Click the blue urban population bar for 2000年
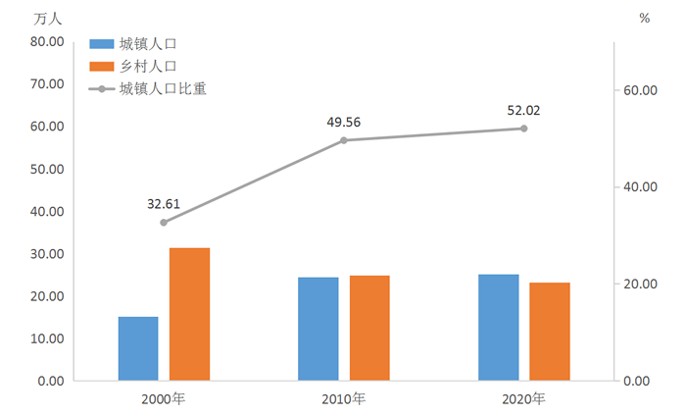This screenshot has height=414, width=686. click(138, 348)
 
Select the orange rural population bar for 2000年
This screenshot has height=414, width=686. click(189, 314)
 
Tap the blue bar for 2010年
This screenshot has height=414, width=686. click(318, 329)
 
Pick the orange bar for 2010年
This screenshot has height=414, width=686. click(369, 328)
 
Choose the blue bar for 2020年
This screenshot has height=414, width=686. click(498, 327)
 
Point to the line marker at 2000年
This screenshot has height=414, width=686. click(164, 223)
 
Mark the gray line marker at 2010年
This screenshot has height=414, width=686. click(344, 140)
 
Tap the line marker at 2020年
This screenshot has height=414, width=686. click(523, 129)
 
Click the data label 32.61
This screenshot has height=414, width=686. click(164, 204)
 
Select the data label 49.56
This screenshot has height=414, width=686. click(344, 122)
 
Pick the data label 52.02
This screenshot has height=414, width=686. click(523, 110)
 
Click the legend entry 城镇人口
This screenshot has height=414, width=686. click(148, 44)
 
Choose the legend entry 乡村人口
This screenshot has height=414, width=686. click(148, 67)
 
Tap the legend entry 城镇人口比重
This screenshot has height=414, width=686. click(162, 89)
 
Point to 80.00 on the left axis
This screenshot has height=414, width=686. click(46, 42)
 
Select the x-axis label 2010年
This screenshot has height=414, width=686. click(344, 399)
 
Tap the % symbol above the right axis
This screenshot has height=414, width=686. click(644, 18)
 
